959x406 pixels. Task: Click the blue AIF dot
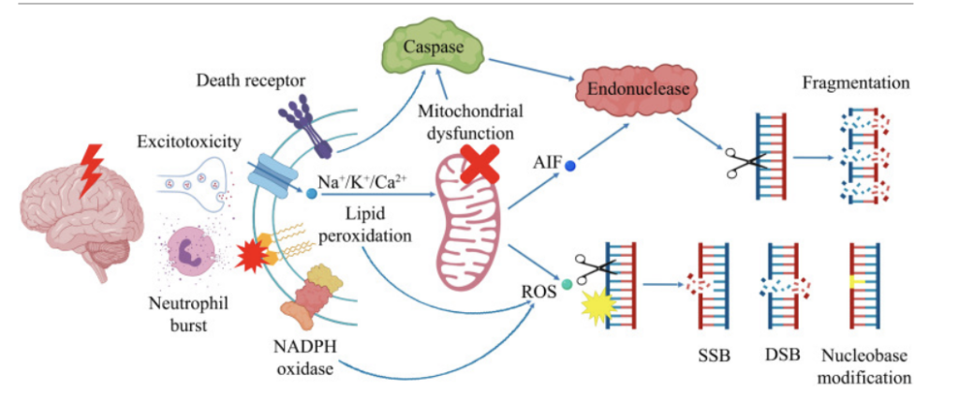click(569, 165)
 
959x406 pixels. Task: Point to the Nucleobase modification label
click(864, 367)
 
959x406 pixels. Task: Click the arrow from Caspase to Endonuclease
click(534, 71)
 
